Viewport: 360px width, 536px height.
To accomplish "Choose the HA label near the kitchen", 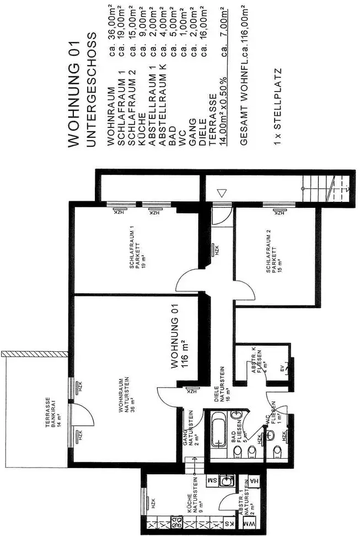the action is pyautogui.click(x=253, y=481).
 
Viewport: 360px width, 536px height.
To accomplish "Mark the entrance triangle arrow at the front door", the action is pyautogui.click(x=222, y=193).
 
